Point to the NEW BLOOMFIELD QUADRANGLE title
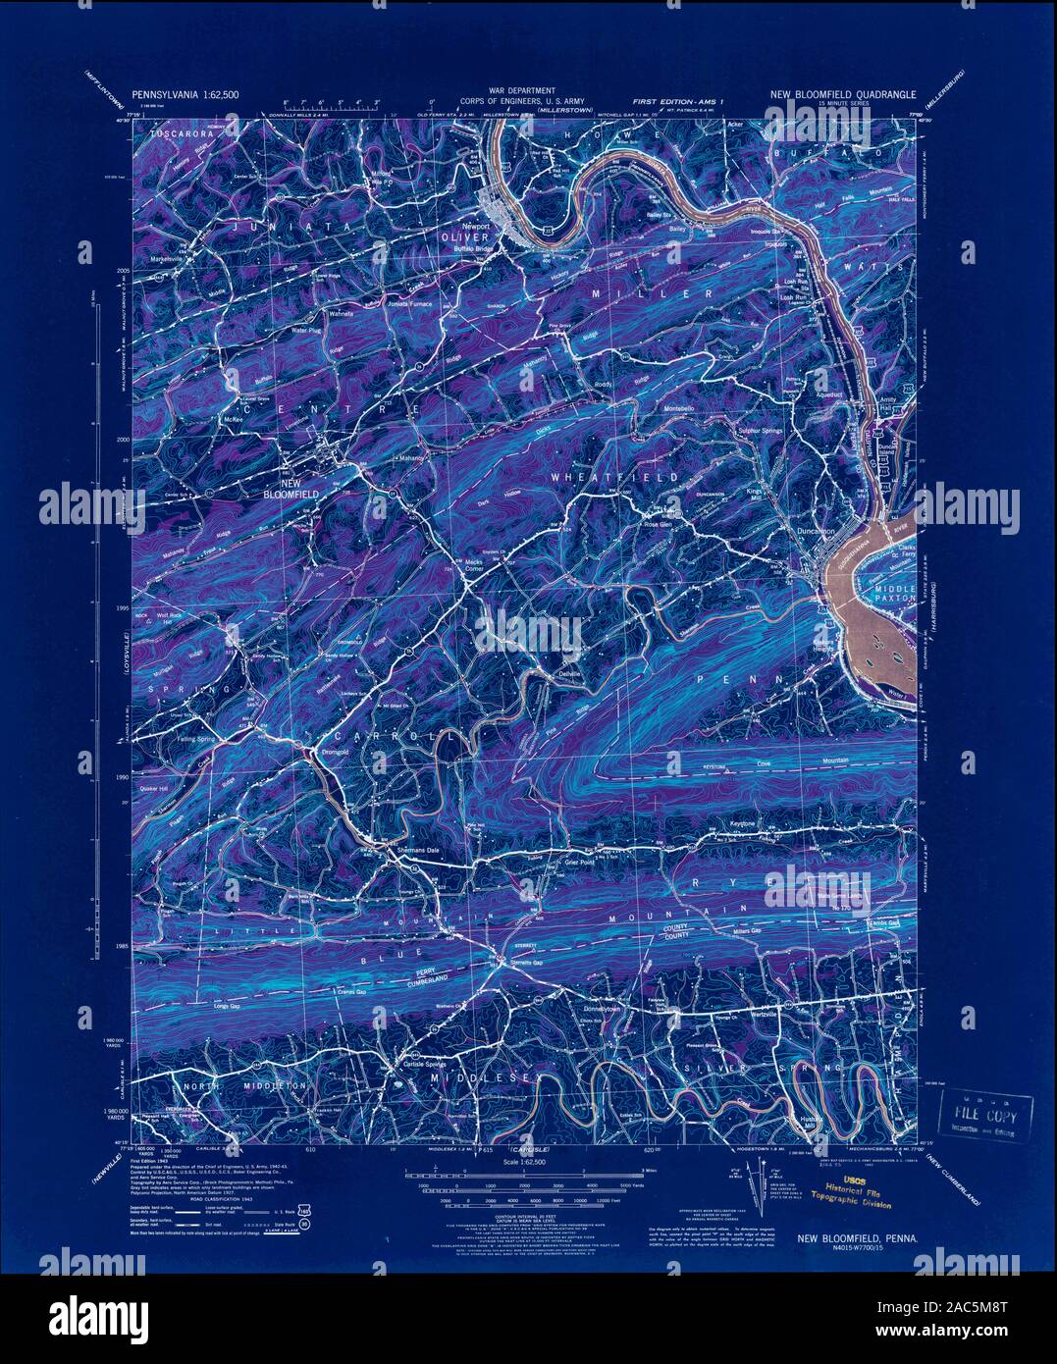click(x=842, y=95)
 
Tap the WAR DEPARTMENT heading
click(x=528, y=90)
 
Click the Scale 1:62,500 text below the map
click(x=527, y=1161)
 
